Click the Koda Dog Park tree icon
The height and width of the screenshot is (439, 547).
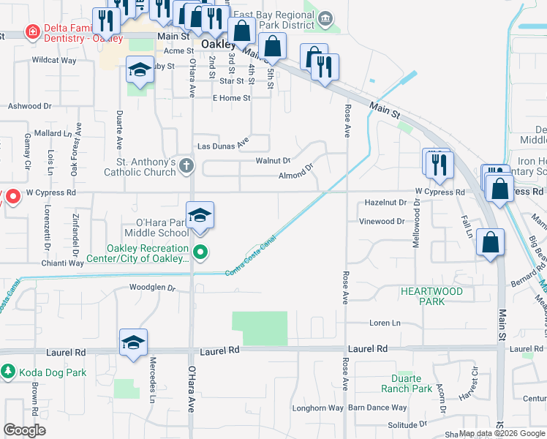coord(8,372)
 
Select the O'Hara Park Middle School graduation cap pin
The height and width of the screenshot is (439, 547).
coord(199,216)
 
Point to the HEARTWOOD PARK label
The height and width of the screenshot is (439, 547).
coord(431,296)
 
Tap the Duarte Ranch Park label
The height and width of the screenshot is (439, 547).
coord(407,383)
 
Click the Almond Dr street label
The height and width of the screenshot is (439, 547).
coord(295,176)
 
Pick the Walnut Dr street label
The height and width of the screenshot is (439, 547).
coord(273,160)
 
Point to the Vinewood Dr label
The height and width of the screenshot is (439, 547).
coord(382,221)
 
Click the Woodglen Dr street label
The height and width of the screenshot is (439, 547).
coord(153,288)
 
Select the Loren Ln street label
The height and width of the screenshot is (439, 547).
coord(385,322)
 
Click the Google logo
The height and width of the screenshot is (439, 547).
coord(24,430)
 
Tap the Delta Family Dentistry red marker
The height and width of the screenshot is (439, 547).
coord(32,31)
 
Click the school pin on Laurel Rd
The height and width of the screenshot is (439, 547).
coord(133,342)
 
